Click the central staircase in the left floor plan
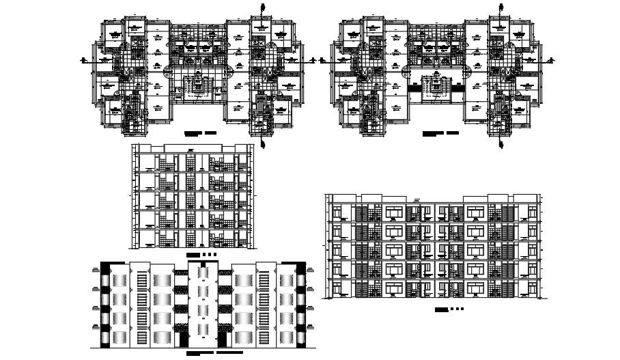[199, 88]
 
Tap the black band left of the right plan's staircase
[414, 87]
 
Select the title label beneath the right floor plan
[440, 133]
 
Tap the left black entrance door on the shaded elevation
[183, 340]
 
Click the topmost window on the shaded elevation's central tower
[203, 273]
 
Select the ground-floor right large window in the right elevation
[476, 288]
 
